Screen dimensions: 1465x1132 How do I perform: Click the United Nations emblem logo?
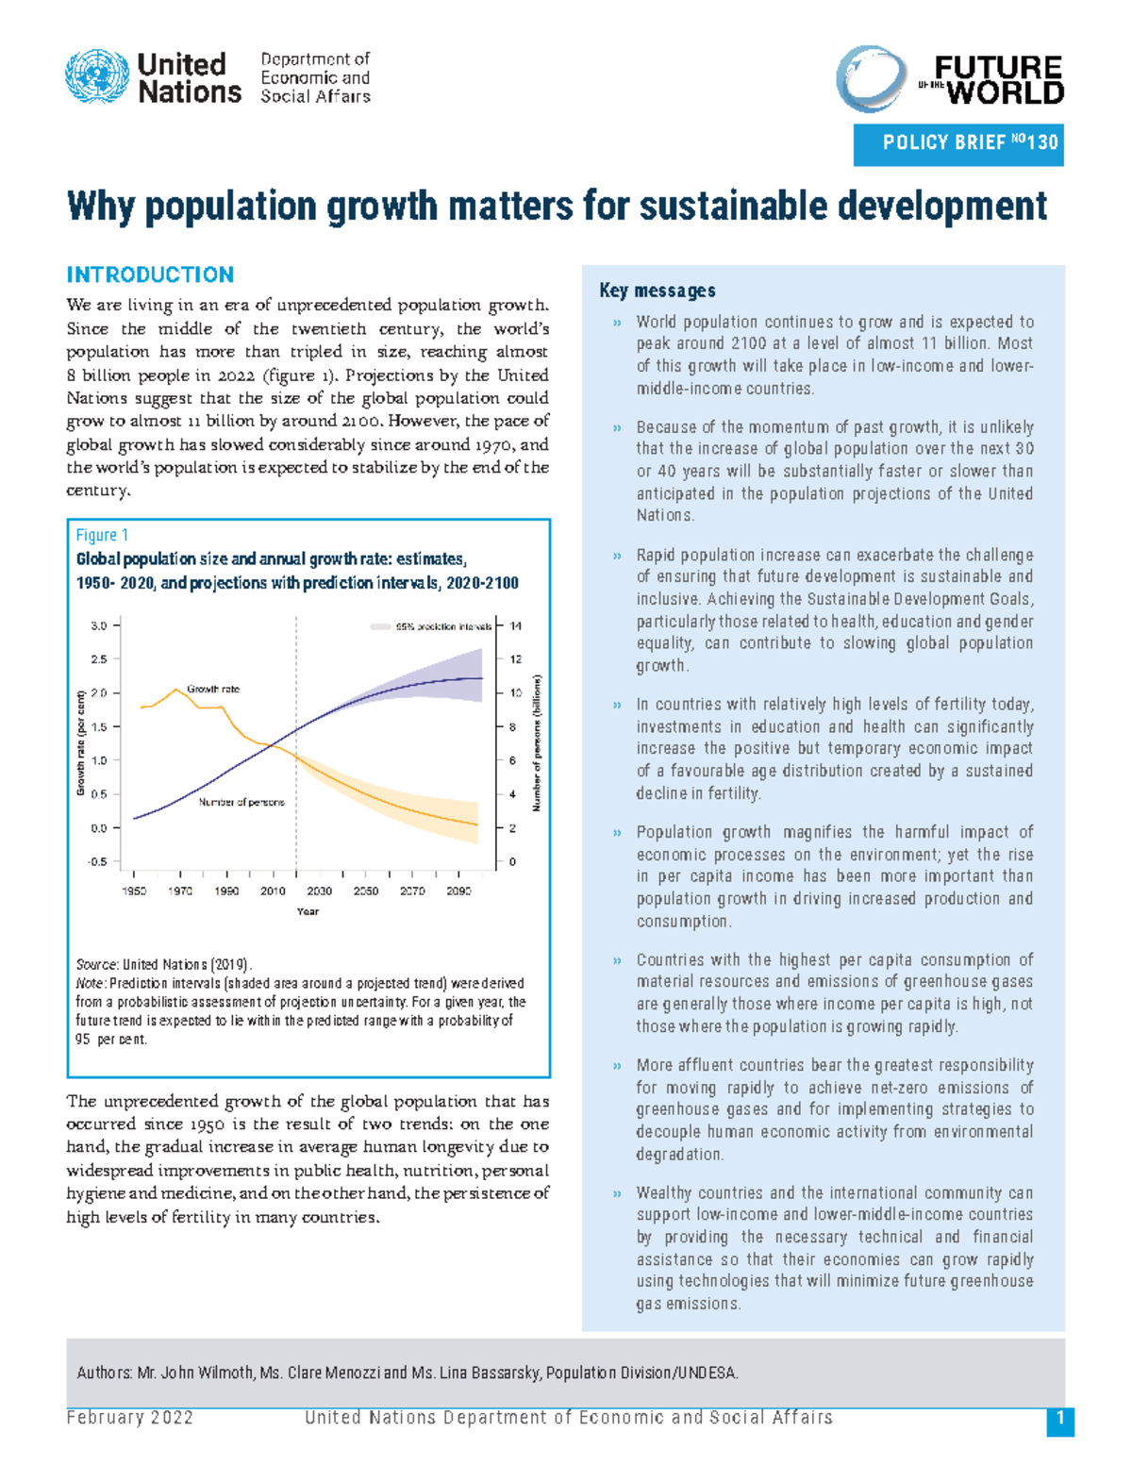97,77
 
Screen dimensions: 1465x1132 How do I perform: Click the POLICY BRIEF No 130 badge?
958,143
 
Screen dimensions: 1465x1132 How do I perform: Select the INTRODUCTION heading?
150,275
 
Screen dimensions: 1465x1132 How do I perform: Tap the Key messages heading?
658,291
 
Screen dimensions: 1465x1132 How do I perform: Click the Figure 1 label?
102,535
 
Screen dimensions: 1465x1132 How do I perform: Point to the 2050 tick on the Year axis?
366,891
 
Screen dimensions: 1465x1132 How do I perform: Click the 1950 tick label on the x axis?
134,891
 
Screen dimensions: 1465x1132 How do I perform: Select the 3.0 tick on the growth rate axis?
99,625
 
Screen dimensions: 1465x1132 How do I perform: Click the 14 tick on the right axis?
516,626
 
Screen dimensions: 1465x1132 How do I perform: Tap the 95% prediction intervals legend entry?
432,626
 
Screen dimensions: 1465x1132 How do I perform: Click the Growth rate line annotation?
213,689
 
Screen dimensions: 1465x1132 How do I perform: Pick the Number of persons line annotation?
241,802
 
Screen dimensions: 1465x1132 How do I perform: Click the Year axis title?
308,911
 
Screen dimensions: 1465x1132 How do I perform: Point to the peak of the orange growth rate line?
176,690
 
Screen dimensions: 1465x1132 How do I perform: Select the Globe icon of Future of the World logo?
871,79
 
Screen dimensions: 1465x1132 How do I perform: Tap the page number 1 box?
1060,1420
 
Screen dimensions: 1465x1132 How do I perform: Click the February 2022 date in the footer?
130,1418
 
